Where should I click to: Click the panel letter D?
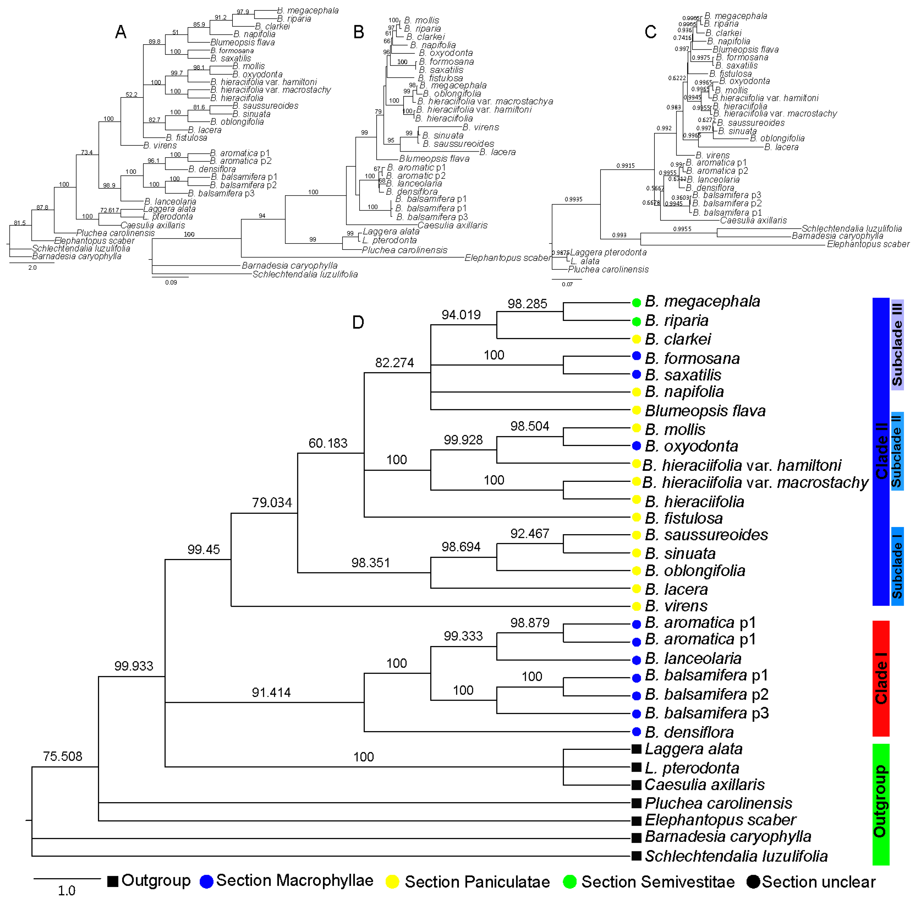358,322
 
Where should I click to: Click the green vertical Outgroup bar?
881,804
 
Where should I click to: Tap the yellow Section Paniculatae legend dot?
392,881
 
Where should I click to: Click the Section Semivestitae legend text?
658,881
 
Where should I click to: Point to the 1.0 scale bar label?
66,890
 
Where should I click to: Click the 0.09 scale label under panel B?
171,282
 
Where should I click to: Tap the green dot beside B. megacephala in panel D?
636,302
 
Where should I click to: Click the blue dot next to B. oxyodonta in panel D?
636,446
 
